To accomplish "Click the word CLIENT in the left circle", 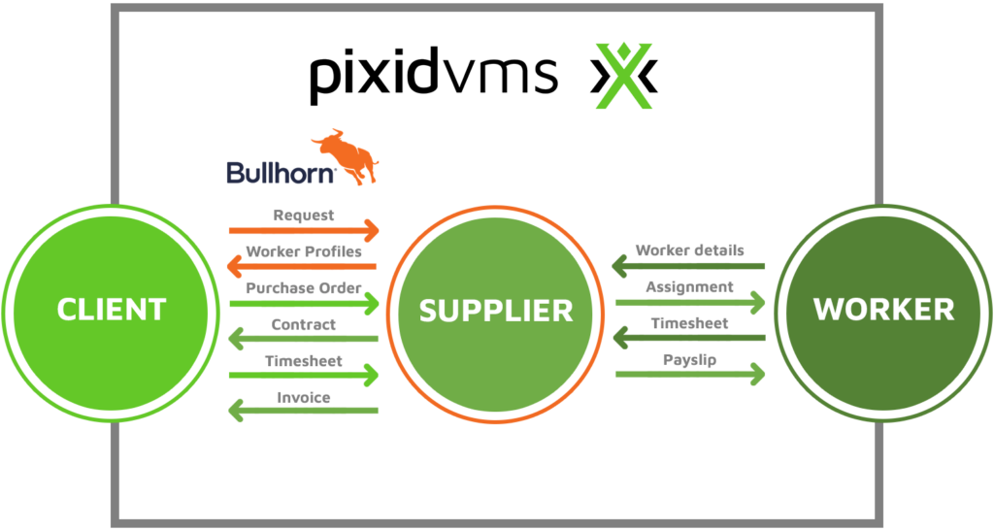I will (112, 310).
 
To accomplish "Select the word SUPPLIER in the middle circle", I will (496, 311).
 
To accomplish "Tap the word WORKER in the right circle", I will (883, 310).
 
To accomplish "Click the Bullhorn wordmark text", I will (281, 173).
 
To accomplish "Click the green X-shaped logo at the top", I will (624, 76).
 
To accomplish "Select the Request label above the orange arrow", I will (304, 216).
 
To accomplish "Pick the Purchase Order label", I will (304, 288).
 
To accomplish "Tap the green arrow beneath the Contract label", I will (303, 339).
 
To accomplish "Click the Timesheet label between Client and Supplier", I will (304, 361).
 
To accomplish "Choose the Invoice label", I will (304, 397).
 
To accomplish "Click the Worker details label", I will (690, 250).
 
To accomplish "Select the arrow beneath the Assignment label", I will (690, 303).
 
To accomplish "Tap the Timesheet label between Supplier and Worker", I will (690, 323).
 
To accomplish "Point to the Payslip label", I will (690, 359).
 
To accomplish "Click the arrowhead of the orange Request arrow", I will (371, 231).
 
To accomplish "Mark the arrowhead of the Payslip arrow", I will (756, 374).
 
